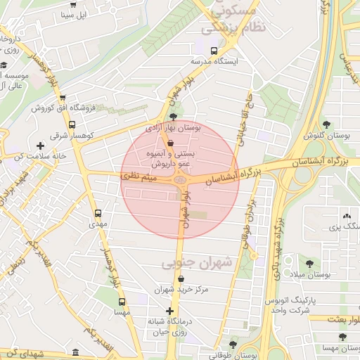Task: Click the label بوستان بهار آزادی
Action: coord(173,129)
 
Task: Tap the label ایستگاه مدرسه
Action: coord(215,61)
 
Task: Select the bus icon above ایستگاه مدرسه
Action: coord(214,51)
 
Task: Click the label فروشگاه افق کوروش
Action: coord(63,108)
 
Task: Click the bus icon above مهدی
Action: coord(97,212)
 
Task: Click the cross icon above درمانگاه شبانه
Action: coord(169,311)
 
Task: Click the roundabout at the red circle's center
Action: coord(181,181)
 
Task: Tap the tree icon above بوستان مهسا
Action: coord(342,336)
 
